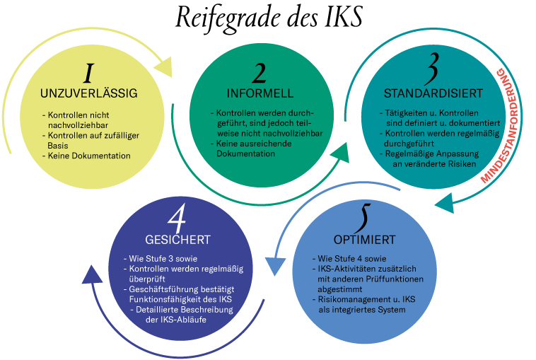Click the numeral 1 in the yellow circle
pos(88,74)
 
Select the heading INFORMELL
pos(260,93)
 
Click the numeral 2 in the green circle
pos(260,74)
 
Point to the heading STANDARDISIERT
pos(433,93)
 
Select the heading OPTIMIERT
pos(364,238)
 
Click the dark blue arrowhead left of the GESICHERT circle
pos(92,274)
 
